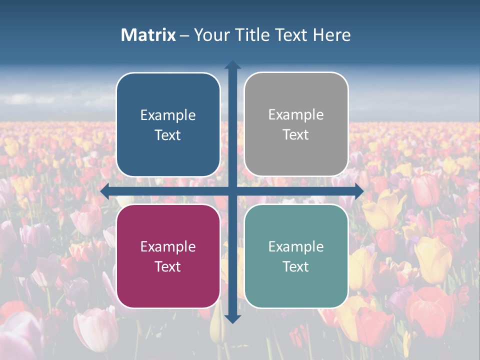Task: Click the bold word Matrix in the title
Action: tap(148, 35)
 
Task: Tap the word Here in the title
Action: tap(332, 35)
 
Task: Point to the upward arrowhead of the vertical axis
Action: tap(232, 65)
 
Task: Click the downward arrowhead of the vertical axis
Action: tap(232, 318)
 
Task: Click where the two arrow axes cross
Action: tap(232, 191)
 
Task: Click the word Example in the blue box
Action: tap(168, 115)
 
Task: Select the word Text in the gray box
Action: tap(296, 135)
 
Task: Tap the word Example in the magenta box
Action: tap(168, 247)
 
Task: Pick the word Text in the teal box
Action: tap(296, 266)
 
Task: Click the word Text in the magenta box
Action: tap(168, 266)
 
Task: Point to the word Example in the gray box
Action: tap(296, 115)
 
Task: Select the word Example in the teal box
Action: tap(296, 247)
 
